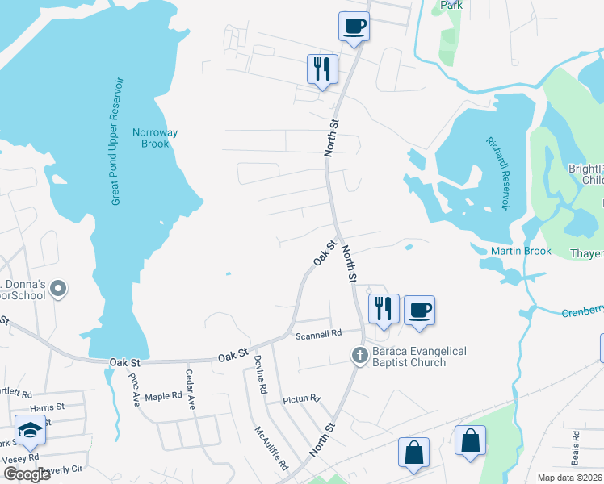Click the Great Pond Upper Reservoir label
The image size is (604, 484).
pos(117,142)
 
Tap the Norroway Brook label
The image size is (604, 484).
pos(155,138)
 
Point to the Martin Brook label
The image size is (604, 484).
pos(521,251)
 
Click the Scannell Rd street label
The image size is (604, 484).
pos(319,332)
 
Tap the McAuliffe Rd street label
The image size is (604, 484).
pos(271,449)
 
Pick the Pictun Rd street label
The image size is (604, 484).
pos(302,398)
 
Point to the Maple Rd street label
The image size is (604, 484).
pos(163,396)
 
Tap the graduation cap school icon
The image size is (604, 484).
pos(30,431)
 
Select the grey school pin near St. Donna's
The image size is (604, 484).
pos(57,288)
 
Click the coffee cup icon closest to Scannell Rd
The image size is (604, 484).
pos(419,311)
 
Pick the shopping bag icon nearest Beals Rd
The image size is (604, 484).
pos(470,442)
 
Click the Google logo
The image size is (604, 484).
pos(27,474)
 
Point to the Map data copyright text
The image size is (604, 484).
pos(569,478)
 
